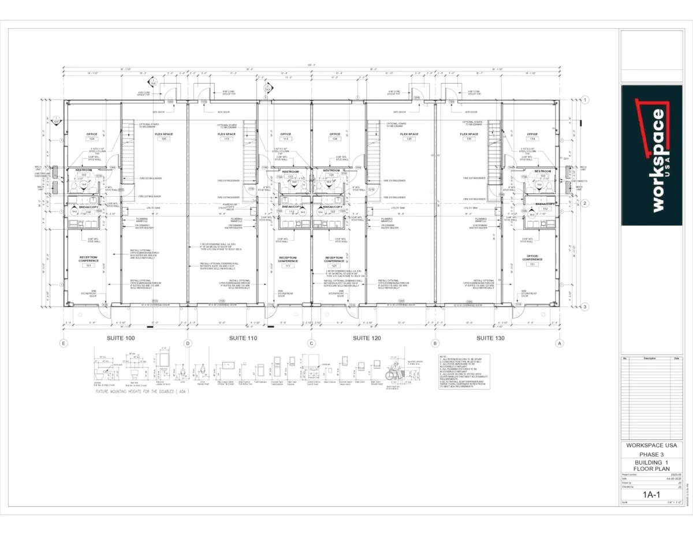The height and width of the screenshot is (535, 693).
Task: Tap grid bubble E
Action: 64,343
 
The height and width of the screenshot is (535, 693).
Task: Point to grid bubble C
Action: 312,343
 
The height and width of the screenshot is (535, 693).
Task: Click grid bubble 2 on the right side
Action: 584,203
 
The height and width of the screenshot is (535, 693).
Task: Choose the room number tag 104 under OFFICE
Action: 91,139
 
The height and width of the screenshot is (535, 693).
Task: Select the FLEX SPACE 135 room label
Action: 470,136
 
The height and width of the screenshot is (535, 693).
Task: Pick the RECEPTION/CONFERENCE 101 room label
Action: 89,261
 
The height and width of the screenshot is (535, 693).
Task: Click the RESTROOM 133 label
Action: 542,173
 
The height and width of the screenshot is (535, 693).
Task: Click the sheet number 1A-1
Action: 651,495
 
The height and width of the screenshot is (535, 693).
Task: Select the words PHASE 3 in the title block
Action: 651,454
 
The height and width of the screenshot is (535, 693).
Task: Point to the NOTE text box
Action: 464,371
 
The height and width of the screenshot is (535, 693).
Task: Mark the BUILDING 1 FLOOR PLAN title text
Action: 651,466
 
